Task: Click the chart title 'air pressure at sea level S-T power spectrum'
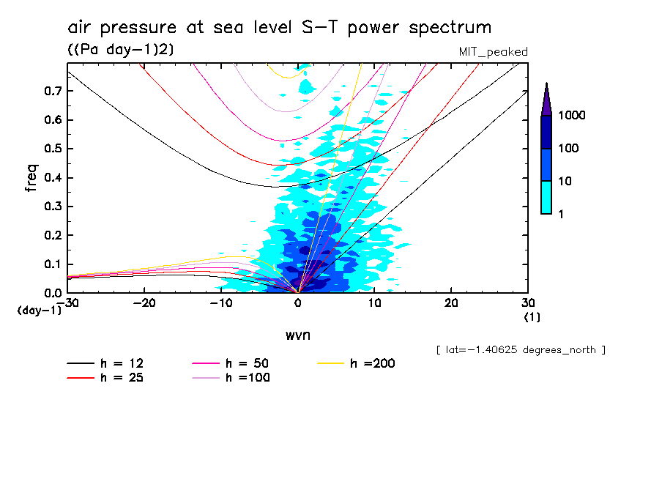pos(279,28)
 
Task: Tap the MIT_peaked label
pos(493,52)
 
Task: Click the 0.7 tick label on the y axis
pos(53,91)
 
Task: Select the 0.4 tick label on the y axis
pos(53,178)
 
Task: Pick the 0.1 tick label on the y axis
pos(53,264)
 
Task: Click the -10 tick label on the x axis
pos(221,303)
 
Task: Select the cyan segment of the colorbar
pos(546,197)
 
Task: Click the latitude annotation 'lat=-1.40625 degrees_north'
pos(521,350)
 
